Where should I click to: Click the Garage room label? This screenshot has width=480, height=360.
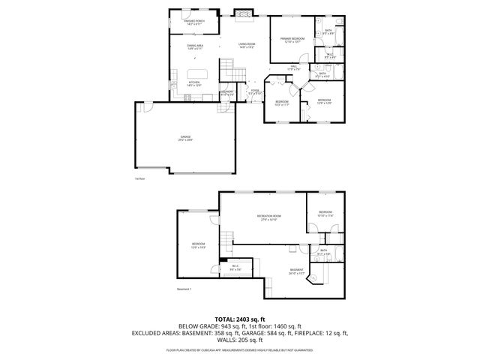pyautogui.click(x=185, y=137)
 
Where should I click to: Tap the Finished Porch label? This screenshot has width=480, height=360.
pyautogui.click(x=194, y=22)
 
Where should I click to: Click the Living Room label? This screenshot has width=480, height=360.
pyautogui.click(x=248, y=46)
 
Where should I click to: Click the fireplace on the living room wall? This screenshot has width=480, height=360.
pyautogui.click(x=241, y=12)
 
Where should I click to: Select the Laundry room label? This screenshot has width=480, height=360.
pyautogui.click(x=228, y=94)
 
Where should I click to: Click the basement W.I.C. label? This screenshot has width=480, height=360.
pyautogui.click(x=235, y=266)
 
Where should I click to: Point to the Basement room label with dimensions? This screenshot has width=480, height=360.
pyautogui.click(x=297, y=271)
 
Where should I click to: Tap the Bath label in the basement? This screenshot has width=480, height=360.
pyautogui.click(x=324, y=251)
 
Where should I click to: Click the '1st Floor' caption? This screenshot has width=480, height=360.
pyautogui.click(x=139, y=178)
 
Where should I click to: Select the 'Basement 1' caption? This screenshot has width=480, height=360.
pyautogui.click(x=184, y=289)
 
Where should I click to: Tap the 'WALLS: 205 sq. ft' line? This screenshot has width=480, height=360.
pyautogui.click(x=239, y=339)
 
